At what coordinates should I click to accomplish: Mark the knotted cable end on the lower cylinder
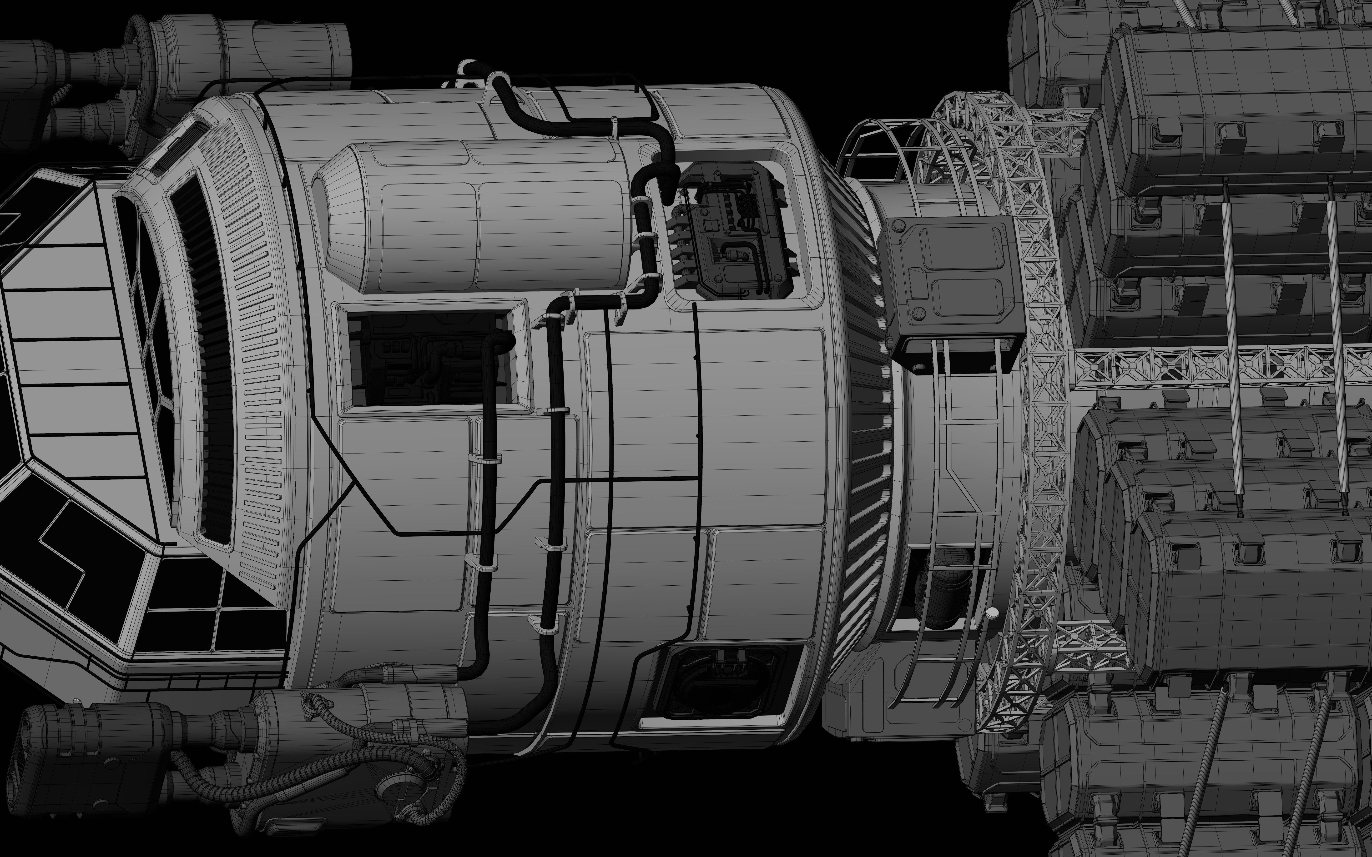315,706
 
